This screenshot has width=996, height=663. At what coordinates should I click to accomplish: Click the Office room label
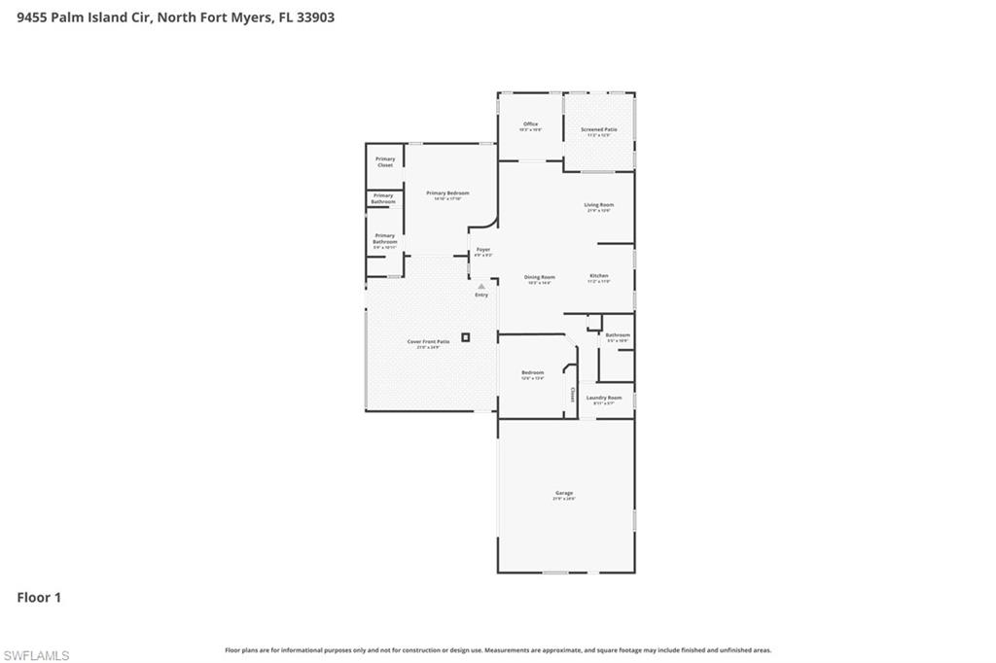pos(530,124)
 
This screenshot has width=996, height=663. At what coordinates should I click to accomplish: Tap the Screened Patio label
pos(598,129)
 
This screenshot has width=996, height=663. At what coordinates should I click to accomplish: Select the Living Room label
pos(598,205)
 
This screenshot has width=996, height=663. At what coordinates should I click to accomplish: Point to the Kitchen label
pos(598,276)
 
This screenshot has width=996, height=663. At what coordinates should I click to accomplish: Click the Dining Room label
pos(540,276)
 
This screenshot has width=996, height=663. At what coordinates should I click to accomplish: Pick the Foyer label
pos(482,250)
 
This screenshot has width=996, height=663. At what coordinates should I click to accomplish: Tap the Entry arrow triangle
pos(480,285)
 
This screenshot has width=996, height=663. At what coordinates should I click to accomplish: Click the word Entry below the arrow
pos(480,295)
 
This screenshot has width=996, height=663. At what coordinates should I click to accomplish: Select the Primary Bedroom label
pos(447,193)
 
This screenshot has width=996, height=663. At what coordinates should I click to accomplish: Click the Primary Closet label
pos(385,161)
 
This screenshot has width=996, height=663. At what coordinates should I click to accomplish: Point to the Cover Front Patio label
pos(428,341)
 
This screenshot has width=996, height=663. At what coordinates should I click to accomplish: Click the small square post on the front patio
pos(465,337)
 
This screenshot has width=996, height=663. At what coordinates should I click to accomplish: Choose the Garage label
pos(564,494)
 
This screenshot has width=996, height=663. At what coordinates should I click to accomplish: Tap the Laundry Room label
pos(603,398)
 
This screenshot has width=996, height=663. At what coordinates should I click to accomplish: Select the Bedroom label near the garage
pos(532,372)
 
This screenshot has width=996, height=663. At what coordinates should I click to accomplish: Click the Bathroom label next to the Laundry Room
pos(618,335)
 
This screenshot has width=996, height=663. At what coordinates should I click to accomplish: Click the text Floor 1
pos(39,598)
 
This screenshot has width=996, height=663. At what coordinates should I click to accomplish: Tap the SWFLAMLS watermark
pos(36,655)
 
